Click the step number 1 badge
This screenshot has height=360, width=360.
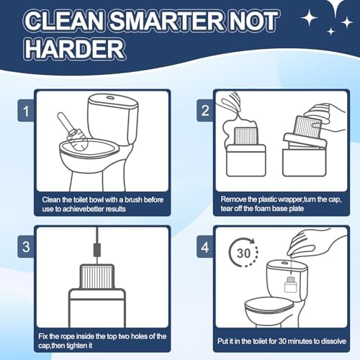coord(26,110)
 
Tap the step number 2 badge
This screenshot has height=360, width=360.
coord(205,110)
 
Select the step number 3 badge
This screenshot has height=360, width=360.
coord(26,247)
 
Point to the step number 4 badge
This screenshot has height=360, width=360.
coord(205,247)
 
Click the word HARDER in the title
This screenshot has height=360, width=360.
coord(75,50)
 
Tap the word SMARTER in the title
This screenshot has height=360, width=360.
coord(166,21)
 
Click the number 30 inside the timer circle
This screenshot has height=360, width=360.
coord(243,253)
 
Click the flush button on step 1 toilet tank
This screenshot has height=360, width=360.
coord(111,98)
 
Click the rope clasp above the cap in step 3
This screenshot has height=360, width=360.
coord(97,250)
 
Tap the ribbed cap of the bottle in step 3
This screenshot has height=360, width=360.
coord(96,276)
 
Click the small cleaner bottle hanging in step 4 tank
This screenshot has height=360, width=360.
coord(291,284)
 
